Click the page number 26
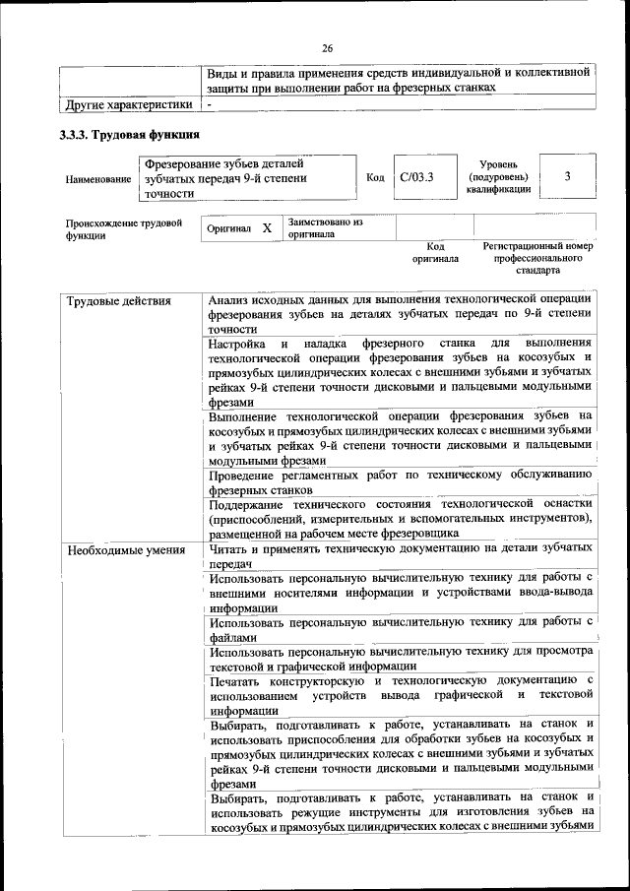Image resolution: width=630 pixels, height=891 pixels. pyautogui.click(x=328, y=48)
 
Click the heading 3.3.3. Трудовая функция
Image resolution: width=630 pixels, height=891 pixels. pyautogui.click(x=130, y=136)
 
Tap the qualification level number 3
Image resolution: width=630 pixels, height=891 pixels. pyautogui.click(x=568, y=176)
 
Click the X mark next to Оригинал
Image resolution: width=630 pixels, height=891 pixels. pyautogui.click(x=266, y=228)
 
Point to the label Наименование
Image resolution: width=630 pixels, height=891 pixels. pyautogui.click(x=98, y=180)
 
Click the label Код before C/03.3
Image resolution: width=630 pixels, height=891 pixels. pyautogui.click(x=375, y=178)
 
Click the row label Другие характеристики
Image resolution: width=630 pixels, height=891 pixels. pyautogui.click(x=128, y=103)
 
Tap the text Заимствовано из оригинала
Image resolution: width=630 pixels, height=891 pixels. pyautogui.click(x=326, y=229)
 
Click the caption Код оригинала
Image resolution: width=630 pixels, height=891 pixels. pyautogui.click(x=435, y=252)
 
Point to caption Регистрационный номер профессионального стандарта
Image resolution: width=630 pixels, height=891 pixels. pyautogui.click(x=537, y=257)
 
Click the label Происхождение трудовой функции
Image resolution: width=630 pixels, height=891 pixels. pyautogui.click(x=124, y=229)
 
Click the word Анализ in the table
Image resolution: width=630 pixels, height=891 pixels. pyautogui.click(x=235, y=299)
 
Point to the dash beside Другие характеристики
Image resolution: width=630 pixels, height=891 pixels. pyautogui.click(x=209, y=103)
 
